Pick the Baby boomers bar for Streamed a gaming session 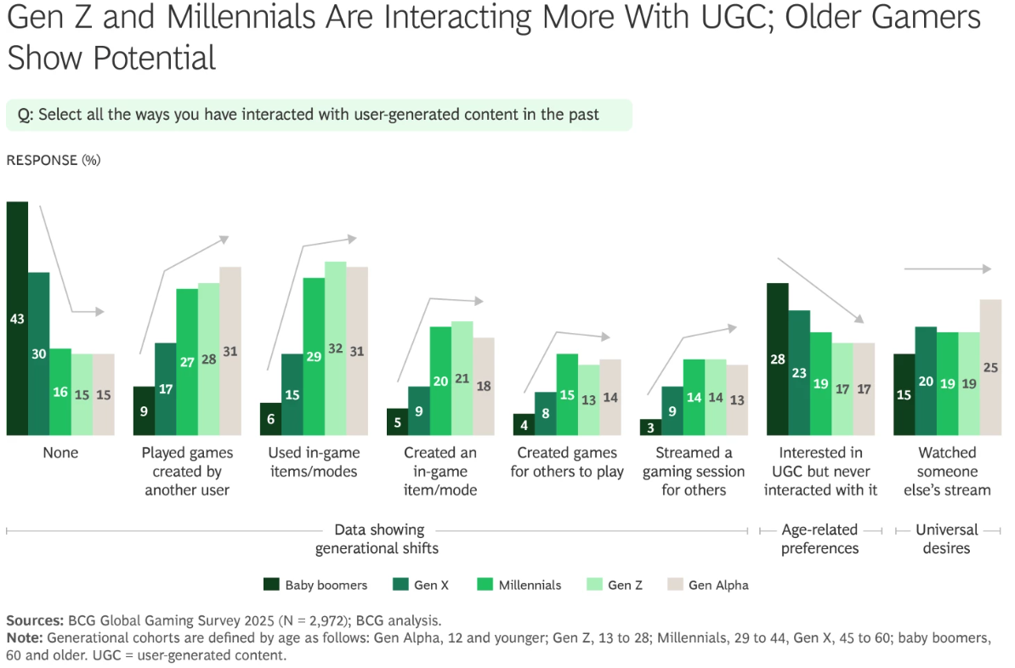pyautogui.click(x=650, y=427)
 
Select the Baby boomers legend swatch pyautogui.click(x=271, y=585)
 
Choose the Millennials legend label pyautogui.click(x=530, y=585)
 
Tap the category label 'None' pyautogui.click(x=60, y=453)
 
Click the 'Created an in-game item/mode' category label pyautogui.click(x=440, y=471)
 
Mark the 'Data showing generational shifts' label pyautogui.click(x=377, y=539)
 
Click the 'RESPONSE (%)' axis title pyautogui.click(x=53, y=160)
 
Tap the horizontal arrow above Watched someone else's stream pyautogui.click(x=947, y=269)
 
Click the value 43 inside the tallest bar pyautogui.click(x=17, y=319)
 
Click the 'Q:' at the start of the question pyautogui.click(x=26, y=115)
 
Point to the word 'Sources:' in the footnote pyautogui.click(x=34, y=620)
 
